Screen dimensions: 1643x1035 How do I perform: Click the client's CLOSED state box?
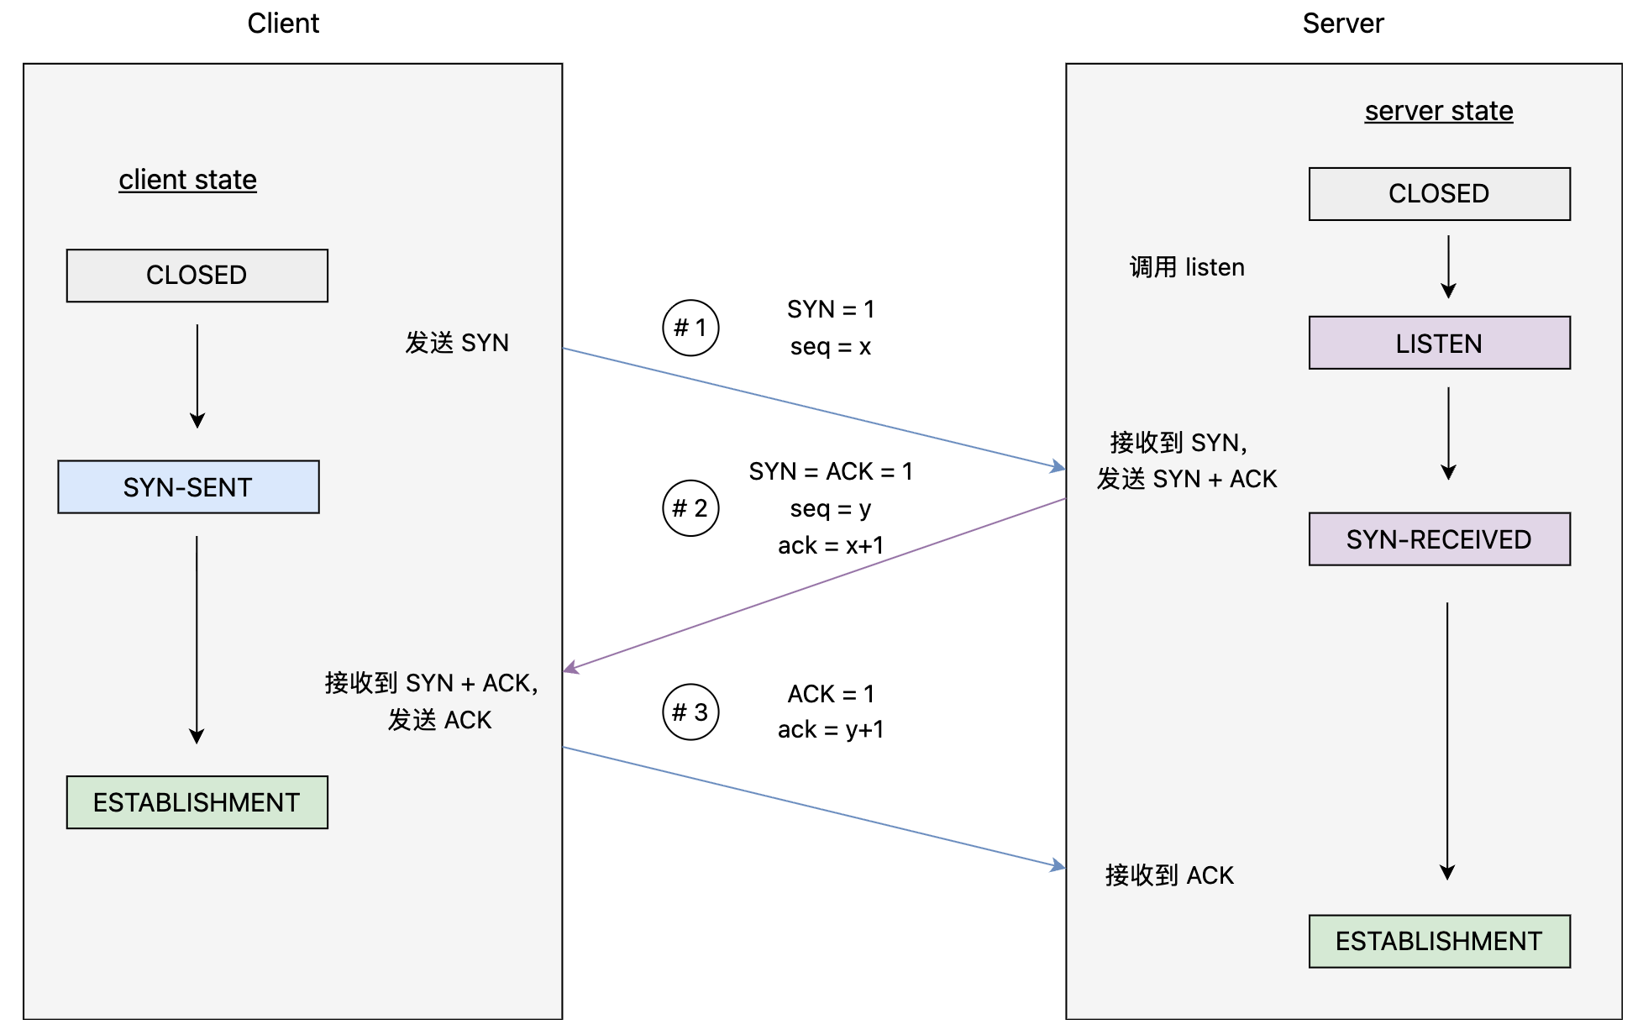197,276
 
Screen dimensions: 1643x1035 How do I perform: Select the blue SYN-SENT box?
188,487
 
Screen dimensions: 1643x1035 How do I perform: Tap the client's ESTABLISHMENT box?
197,802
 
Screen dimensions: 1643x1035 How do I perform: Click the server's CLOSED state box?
1440,194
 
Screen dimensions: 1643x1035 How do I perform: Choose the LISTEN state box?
1440,343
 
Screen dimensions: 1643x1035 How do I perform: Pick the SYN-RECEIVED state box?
1440,539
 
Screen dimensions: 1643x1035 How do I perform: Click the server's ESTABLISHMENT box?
1440,942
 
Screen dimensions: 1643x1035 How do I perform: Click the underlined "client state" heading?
187,180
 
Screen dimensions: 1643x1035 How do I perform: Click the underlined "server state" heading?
1439,111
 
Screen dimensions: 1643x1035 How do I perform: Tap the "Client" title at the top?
283,24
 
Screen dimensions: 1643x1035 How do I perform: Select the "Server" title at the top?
1343,24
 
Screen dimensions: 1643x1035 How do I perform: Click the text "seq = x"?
831,346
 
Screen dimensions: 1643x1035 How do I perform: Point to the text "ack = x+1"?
831,546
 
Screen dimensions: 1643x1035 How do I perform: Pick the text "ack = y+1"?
831,730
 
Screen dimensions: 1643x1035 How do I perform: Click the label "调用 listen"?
1187,267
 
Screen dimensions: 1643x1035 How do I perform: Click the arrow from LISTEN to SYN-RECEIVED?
1448,433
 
